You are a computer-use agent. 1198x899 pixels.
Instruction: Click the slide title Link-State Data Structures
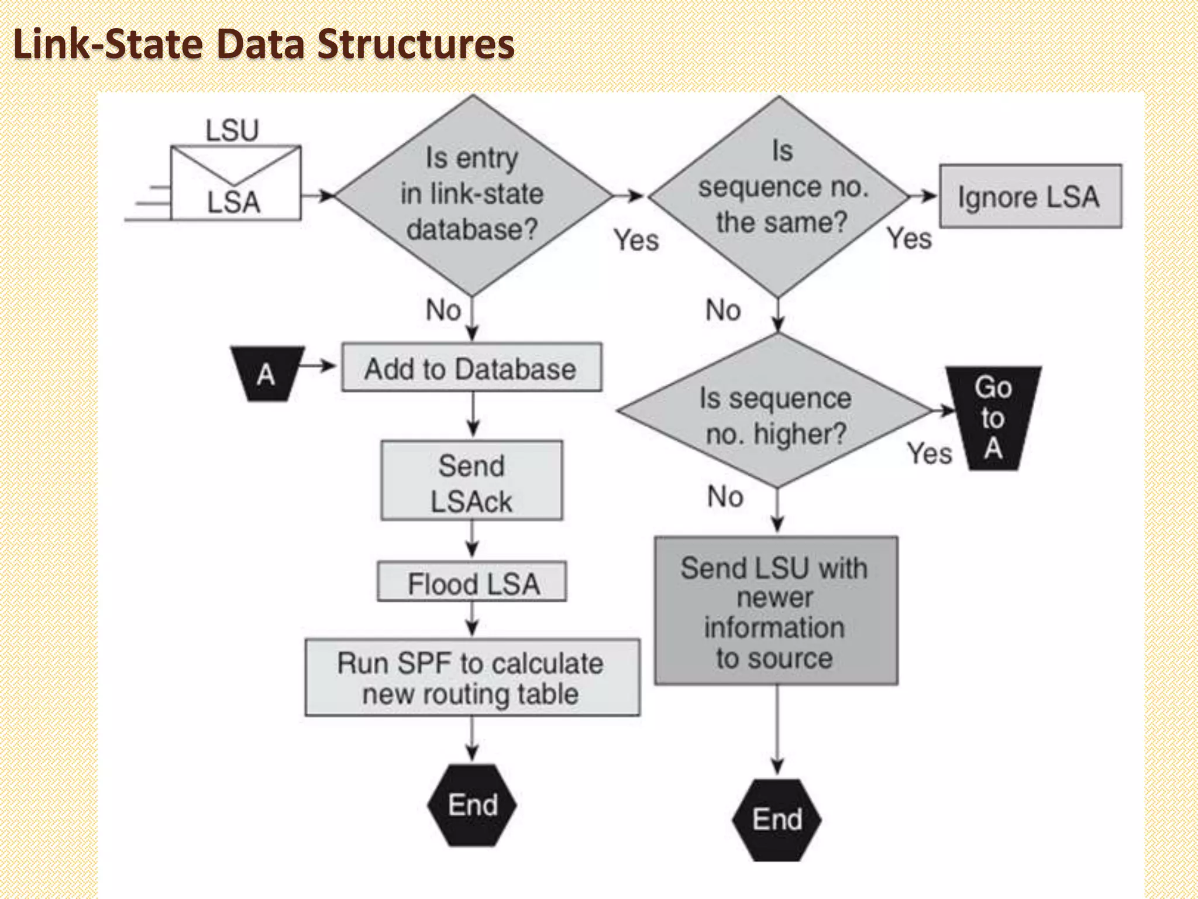[x=263, y=44]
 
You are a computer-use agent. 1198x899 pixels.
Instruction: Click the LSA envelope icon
[x=235, y=183]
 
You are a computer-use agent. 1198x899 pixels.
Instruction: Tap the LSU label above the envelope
[x=232, y=130]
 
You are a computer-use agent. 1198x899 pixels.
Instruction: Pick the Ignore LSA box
[x=1030, y=197]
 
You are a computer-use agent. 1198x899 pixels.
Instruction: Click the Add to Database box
[x=471, y=368]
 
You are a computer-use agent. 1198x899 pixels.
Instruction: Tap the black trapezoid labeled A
[x=267, y=373]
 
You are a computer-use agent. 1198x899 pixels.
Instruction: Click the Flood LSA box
[x=471, y=582]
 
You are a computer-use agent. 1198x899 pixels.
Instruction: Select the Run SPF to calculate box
[x=472, y=677]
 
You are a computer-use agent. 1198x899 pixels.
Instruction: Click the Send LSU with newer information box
[x=776, y=611]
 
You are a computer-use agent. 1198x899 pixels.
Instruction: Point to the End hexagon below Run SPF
[x=472, y=805]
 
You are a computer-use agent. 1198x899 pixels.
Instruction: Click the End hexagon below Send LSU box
[x=777, y=819]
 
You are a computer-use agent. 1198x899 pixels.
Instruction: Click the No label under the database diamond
[x=443, y=310]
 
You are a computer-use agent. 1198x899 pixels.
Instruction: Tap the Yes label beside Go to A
[x=929, y=453]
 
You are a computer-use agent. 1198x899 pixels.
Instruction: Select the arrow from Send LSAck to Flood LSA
[x=472, y=540]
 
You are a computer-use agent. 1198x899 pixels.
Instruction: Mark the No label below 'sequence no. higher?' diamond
[x=725, y=496]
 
